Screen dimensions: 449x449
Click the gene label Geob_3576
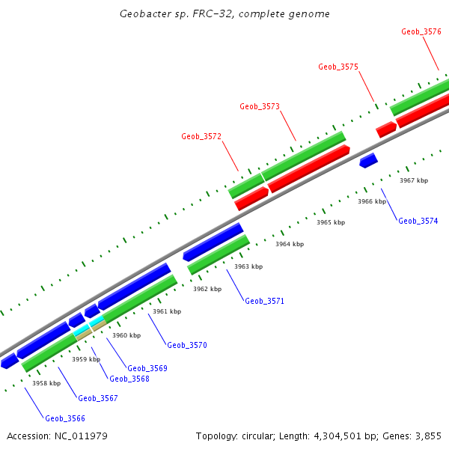tap(421, 31)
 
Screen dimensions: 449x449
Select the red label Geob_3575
tap(338, 67)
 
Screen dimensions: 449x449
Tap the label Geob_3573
tap(260, 106)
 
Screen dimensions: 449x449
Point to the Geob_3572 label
tap(201, 136)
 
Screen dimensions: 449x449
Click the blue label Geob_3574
tap(418, 221)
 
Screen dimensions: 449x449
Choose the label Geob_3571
tap(264, 301)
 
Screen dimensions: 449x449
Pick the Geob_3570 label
tap(187, 345)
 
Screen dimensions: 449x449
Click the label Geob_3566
tap(65, 418)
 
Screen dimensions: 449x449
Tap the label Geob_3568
tap(129, 379)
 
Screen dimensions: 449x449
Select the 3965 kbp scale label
tap(331, 222)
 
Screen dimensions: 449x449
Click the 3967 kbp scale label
tap(414, 180)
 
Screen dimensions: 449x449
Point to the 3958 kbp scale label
tap(46, 383)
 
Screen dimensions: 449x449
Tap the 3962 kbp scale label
tap(207, 289)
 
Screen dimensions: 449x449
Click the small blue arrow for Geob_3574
tap(368, 160)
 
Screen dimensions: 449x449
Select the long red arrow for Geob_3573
tap(309, 169)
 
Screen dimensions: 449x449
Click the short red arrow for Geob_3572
tap(251, 198)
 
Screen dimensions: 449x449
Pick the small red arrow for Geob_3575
tap(386, 129)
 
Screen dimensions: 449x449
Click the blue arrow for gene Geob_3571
tap(213, 242)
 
